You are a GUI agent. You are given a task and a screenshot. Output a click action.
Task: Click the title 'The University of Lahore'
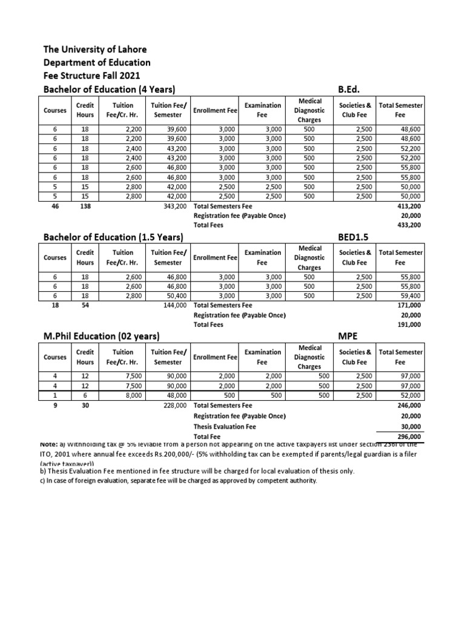[94, 49]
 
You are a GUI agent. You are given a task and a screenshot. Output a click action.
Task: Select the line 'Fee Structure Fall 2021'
[91, 76]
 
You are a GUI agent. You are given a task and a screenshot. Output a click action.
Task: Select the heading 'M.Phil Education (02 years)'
[101, 335]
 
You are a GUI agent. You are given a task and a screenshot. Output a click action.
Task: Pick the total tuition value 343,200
[176, 206]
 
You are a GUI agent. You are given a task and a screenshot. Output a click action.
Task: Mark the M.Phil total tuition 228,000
[176, 404]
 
